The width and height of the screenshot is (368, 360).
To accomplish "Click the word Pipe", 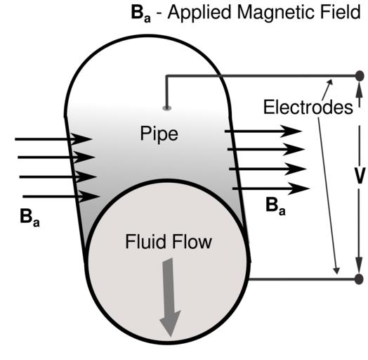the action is (159, 134).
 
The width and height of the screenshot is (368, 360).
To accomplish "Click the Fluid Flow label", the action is (169, 242).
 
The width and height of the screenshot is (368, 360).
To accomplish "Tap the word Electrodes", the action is (308, 107).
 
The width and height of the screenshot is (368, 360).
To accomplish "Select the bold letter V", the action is (359, 176).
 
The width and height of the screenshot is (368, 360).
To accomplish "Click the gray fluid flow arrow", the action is (170, 297).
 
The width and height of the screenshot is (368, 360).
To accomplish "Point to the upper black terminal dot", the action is (360, 76).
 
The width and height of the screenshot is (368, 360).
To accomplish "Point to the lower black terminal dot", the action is (360, 279).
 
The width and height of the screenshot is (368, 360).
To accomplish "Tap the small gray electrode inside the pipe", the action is (167, 108).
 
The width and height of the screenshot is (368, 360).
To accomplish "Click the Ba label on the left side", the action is (29, 217).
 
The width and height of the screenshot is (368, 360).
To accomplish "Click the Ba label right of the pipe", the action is (275, 206).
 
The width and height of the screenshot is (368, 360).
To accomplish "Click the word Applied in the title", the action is (199, 13).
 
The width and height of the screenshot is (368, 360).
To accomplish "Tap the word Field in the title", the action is (334, 12).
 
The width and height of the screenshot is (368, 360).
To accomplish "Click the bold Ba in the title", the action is (141, 13).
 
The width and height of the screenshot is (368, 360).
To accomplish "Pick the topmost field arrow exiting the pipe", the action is (263, 131).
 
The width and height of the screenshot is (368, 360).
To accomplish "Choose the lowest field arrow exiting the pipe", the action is (271, 188).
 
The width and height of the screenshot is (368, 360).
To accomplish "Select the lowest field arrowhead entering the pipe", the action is (89, 196).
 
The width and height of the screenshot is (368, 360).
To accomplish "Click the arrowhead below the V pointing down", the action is (359, 264).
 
